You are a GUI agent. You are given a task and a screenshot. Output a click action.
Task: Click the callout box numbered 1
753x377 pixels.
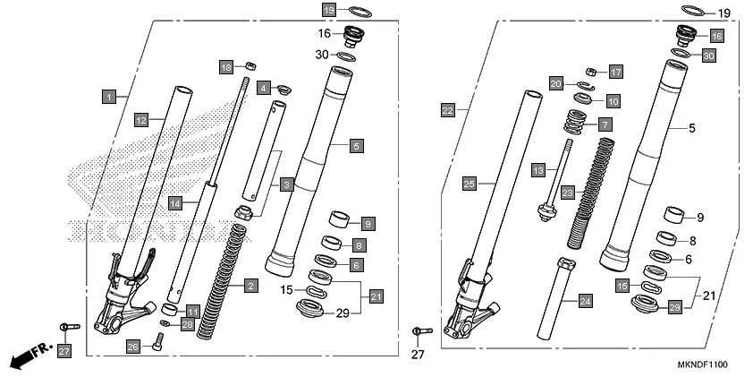click(108, 95)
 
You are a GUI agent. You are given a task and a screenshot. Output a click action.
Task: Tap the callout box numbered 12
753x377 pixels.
click(141, 119)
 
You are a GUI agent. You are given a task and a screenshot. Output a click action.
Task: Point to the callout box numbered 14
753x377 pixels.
click(176, 204)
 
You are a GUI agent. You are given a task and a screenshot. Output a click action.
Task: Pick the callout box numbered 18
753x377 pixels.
click(227, 67)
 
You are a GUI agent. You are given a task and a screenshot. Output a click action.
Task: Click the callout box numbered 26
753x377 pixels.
click(132, 347)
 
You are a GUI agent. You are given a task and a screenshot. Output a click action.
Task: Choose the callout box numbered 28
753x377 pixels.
click(187, 322)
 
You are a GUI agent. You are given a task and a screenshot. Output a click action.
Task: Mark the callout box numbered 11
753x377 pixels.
click(192, 311)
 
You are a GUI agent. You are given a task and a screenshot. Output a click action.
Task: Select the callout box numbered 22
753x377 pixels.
click(448, 110)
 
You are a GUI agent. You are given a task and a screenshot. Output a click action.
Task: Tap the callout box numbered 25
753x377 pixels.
click(470, 184)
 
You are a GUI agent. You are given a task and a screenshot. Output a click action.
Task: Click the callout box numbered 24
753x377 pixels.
click(585, 302)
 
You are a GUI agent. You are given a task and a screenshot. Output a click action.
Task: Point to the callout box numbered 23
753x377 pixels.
click(567, 192)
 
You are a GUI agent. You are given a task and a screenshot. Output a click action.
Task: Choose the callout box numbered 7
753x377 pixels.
click(605, 124)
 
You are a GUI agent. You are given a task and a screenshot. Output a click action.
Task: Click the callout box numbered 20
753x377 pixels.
click(555, 83)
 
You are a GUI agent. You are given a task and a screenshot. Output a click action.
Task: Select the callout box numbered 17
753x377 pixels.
click(615, 71)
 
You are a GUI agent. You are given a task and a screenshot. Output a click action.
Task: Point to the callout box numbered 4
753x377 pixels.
click(264, 88)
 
